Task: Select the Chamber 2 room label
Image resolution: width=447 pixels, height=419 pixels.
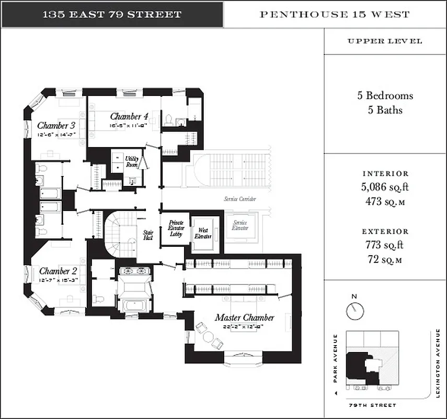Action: pyautogui.click(x=58, y=271)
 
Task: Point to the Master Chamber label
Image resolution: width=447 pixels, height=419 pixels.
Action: pyautogui.click(x=244, y=317)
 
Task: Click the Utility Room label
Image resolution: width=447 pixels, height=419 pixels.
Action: pyautogui.click(x=131, y=161)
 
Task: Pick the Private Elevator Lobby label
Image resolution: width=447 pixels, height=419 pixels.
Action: pyautogui.click(x=176, y=229)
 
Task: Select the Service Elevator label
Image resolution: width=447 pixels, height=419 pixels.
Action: pyautogui.click(x=240, y=225)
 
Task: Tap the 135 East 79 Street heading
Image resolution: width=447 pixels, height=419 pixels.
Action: pyautogui.click(x=111, y=14)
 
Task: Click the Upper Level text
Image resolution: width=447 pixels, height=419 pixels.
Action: pyautogui.click(x=385, y=41)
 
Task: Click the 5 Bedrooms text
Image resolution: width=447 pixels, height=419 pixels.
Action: pyautogui.click(x=385, y=96)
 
